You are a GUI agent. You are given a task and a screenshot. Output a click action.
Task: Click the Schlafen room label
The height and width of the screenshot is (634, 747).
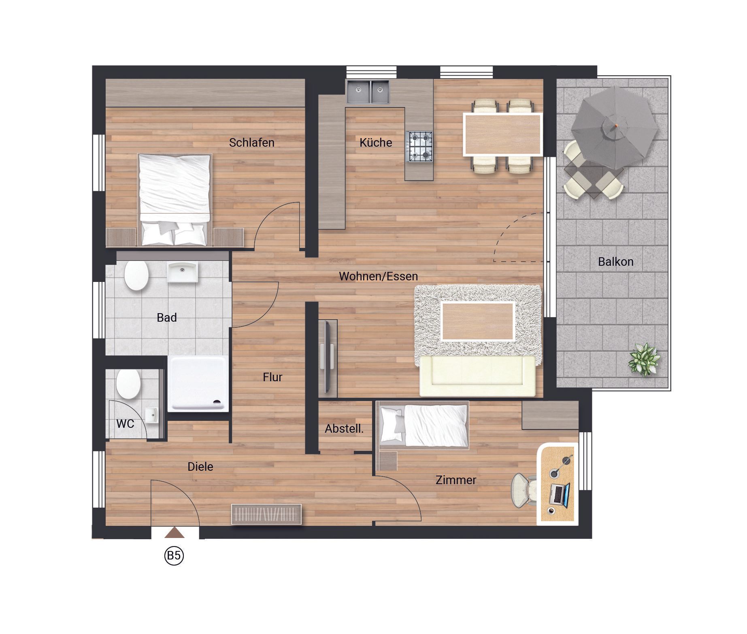tap(251, 143)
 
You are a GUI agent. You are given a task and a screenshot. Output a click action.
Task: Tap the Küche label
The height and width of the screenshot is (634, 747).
tap(376, 143)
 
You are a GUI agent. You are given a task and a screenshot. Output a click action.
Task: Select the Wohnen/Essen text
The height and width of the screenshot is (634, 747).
tap(378, 276)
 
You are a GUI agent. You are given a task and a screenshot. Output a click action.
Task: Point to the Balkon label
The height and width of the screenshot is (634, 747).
tap(615, 262)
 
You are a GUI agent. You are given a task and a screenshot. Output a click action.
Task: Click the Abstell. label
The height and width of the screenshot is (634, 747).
tap(344, 429)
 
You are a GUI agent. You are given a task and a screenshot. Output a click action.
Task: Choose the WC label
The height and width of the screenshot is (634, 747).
tap(125, 424)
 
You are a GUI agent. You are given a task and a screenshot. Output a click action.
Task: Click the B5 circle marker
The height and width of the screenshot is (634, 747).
tap(174, 555)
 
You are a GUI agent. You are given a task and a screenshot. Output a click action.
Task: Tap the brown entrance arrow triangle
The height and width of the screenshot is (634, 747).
tap(175, 532)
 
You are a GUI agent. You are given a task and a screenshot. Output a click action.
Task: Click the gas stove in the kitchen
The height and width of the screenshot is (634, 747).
tap(420, 146)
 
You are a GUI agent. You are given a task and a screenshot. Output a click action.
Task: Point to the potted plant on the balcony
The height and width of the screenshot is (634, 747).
tap(644, 359)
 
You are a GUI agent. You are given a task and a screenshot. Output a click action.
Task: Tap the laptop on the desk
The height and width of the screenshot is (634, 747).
tap(560, 495)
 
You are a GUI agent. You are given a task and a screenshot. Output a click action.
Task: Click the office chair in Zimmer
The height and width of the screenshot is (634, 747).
tap(524, 491)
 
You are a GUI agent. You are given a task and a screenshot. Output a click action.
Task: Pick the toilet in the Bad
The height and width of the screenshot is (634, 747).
tap(136, 275)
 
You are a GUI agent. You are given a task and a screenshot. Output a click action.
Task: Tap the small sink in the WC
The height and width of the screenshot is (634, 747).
tap(152, 415)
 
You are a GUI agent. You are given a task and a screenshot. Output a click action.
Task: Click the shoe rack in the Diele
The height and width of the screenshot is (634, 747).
tap(266, 514)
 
